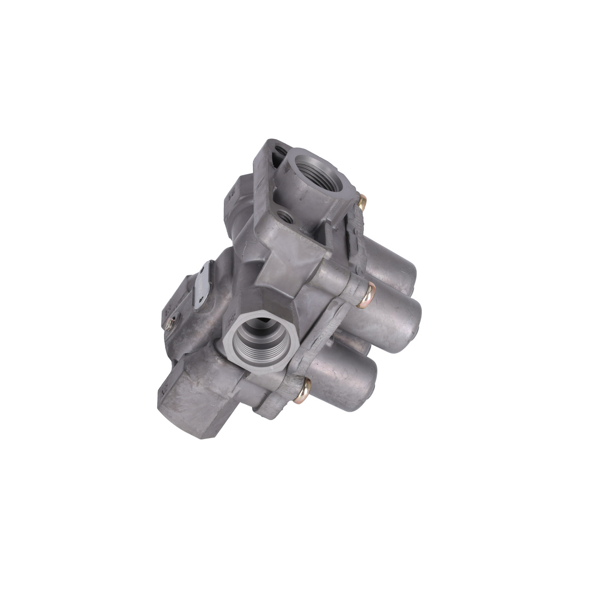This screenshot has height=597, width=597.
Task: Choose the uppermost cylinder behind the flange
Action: (x=392, y=267)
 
